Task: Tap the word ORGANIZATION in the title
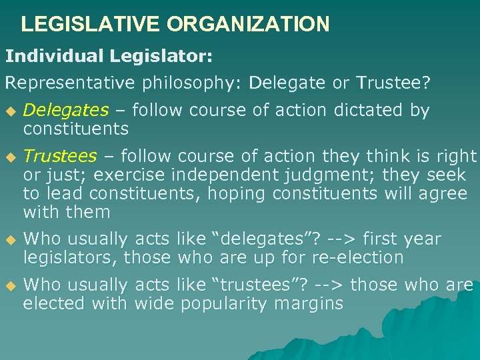248,25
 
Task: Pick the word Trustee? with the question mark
393,83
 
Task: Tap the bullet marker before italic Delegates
9,111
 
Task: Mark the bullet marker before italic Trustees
9,157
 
